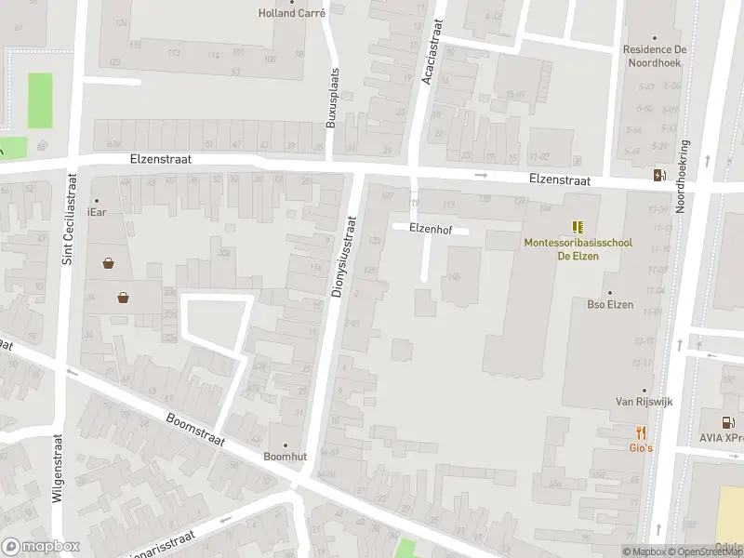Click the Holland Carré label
(291, 13)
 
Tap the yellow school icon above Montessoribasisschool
(578, 227)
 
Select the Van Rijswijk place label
(644, 402)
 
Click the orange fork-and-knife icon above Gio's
(641, 432)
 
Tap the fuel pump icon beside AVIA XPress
(729, 422)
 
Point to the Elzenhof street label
(430, 228)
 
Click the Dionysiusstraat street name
(342, 257)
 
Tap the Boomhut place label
(285, 457)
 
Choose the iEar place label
(97, 212)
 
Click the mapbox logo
(41, 546)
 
